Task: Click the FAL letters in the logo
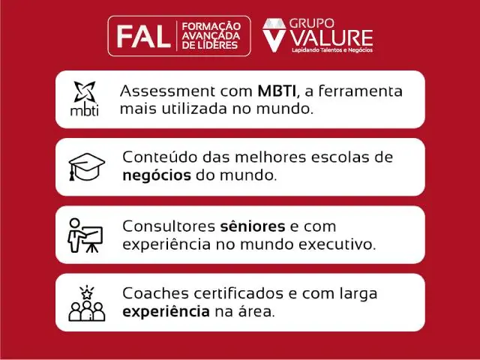pos(141,35)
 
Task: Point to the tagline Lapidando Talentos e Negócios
pos(331,50)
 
